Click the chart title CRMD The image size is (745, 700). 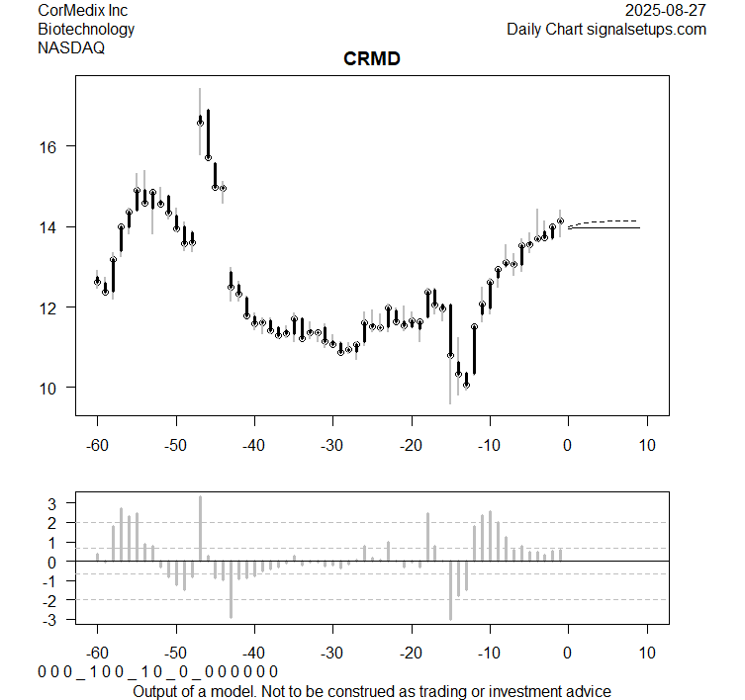(371, 60)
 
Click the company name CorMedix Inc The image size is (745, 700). (82, 11)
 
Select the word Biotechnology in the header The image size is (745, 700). (86, 29)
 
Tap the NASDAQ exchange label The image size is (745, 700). (71, 46)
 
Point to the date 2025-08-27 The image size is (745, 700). (667, 11)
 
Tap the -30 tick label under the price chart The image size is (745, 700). (332, 445)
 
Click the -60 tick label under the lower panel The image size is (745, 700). (97, 653)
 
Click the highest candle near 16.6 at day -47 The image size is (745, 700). (200, 123)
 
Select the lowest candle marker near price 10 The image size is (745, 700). (466, 385)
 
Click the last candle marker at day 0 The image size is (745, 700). (560, 221)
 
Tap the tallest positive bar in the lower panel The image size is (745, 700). (200, 528)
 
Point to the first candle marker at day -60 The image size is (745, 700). (97, 282)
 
